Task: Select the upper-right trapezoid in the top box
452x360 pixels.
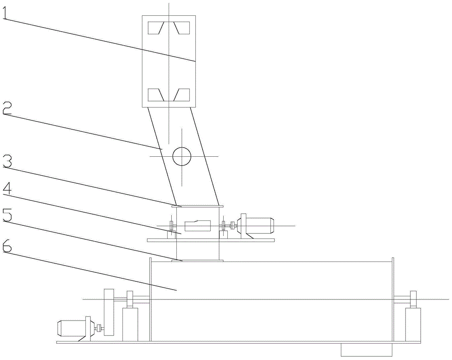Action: click(183, 28)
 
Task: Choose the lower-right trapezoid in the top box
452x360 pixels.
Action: click(183, 94)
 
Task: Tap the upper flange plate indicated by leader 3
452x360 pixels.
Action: click(198, 206)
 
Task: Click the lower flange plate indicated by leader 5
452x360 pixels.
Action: click(198, 260)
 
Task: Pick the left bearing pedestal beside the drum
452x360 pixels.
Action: click(130, 323)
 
